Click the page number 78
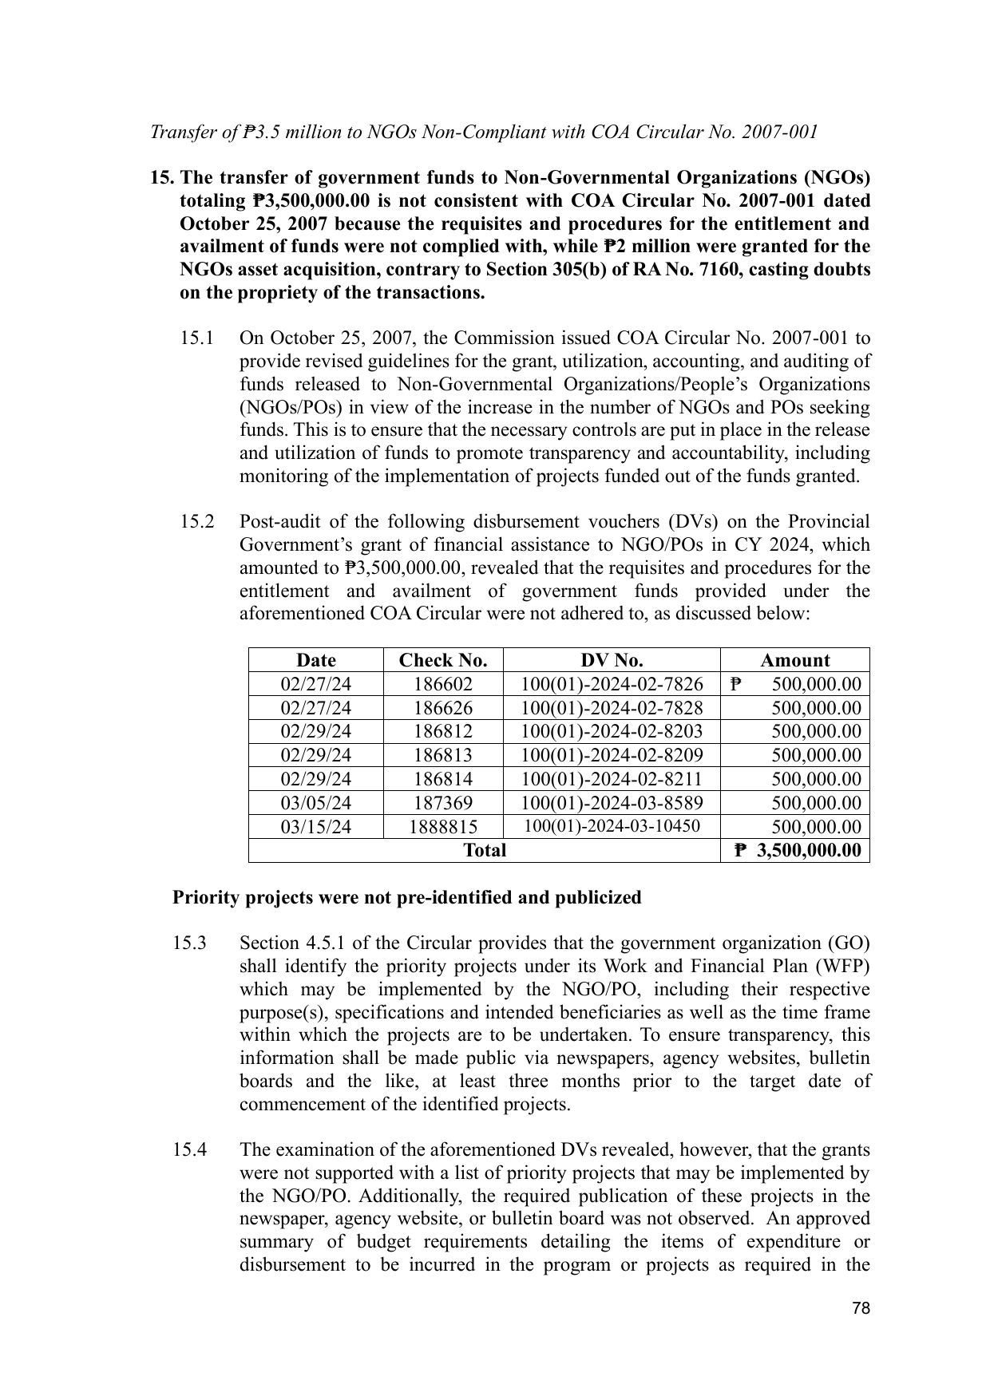[861, 1308]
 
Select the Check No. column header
[443, 660]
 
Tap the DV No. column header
[612, 660]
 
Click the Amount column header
[794, 660]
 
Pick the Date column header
[316, 660]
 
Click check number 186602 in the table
[443, 684]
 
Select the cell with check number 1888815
[443, 827]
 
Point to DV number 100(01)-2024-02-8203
[612, 731]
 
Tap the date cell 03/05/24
[316, 803]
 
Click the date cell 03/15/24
[316, 827]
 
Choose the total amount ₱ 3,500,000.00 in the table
[798, 850]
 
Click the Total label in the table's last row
[485, 850]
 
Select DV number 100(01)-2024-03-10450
[612, 826]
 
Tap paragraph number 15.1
[196, 338]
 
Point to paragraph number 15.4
[190, 1150]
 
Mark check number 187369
[443, 803]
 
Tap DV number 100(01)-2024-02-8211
[612, 779]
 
